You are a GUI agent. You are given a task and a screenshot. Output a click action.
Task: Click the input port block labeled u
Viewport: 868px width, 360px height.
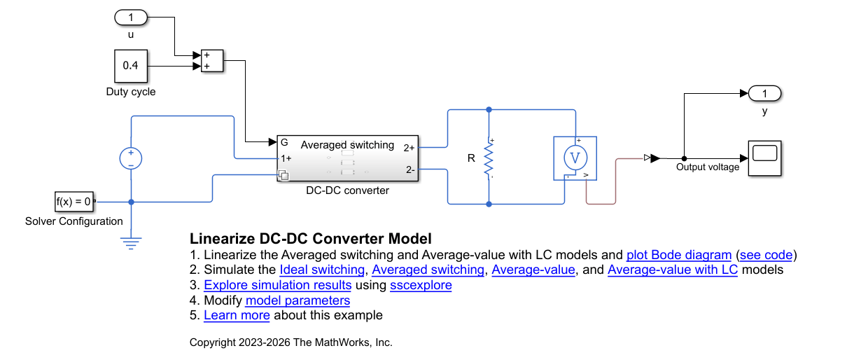[131, 18]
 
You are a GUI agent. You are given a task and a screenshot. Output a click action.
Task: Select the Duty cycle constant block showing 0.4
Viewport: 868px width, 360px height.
[131, 66]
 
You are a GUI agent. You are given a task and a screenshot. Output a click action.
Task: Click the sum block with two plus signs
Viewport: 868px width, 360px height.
[212, 61]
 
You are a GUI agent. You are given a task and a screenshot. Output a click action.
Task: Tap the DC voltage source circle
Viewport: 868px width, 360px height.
[131, 158]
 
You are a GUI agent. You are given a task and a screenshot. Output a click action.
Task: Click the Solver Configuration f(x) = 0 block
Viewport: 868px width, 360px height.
[74, 202]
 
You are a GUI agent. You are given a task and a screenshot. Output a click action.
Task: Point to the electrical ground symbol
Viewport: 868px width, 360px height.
[131, 243]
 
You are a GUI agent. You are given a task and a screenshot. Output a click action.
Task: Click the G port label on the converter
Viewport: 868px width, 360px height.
[284, 143]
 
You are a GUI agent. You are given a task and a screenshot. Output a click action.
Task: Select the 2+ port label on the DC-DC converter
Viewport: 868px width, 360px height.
[409, 148]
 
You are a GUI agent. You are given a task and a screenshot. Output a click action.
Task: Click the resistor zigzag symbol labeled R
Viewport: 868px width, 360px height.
[489, 158]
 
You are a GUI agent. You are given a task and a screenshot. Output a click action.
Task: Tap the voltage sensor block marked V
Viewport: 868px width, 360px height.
[575, 158]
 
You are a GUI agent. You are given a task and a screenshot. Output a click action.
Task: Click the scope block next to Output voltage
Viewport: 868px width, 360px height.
[764, 158]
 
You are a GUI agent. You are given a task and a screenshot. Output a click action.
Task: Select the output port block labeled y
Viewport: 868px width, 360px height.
[764, 93]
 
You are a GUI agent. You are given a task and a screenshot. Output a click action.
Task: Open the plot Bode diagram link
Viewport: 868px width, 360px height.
[679, 255]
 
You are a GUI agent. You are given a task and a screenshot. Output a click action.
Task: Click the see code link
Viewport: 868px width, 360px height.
[766, 255]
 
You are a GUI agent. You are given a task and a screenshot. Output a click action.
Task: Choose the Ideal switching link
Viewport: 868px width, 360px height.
[322, 270]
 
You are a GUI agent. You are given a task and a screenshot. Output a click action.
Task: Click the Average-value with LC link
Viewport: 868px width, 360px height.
[673, 270]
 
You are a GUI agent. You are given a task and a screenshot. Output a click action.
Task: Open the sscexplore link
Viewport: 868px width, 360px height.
[421, 285]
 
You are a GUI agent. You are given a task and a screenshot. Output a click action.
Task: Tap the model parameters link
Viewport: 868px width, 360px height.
[297, 300]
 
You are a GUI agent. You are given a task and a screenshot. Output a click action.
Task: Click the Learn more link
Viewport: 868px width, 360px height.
[237, 315]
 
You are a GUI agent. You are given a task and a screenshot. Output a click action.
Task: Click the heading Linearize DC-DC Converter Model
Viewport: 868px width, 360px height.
[310, 239]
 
